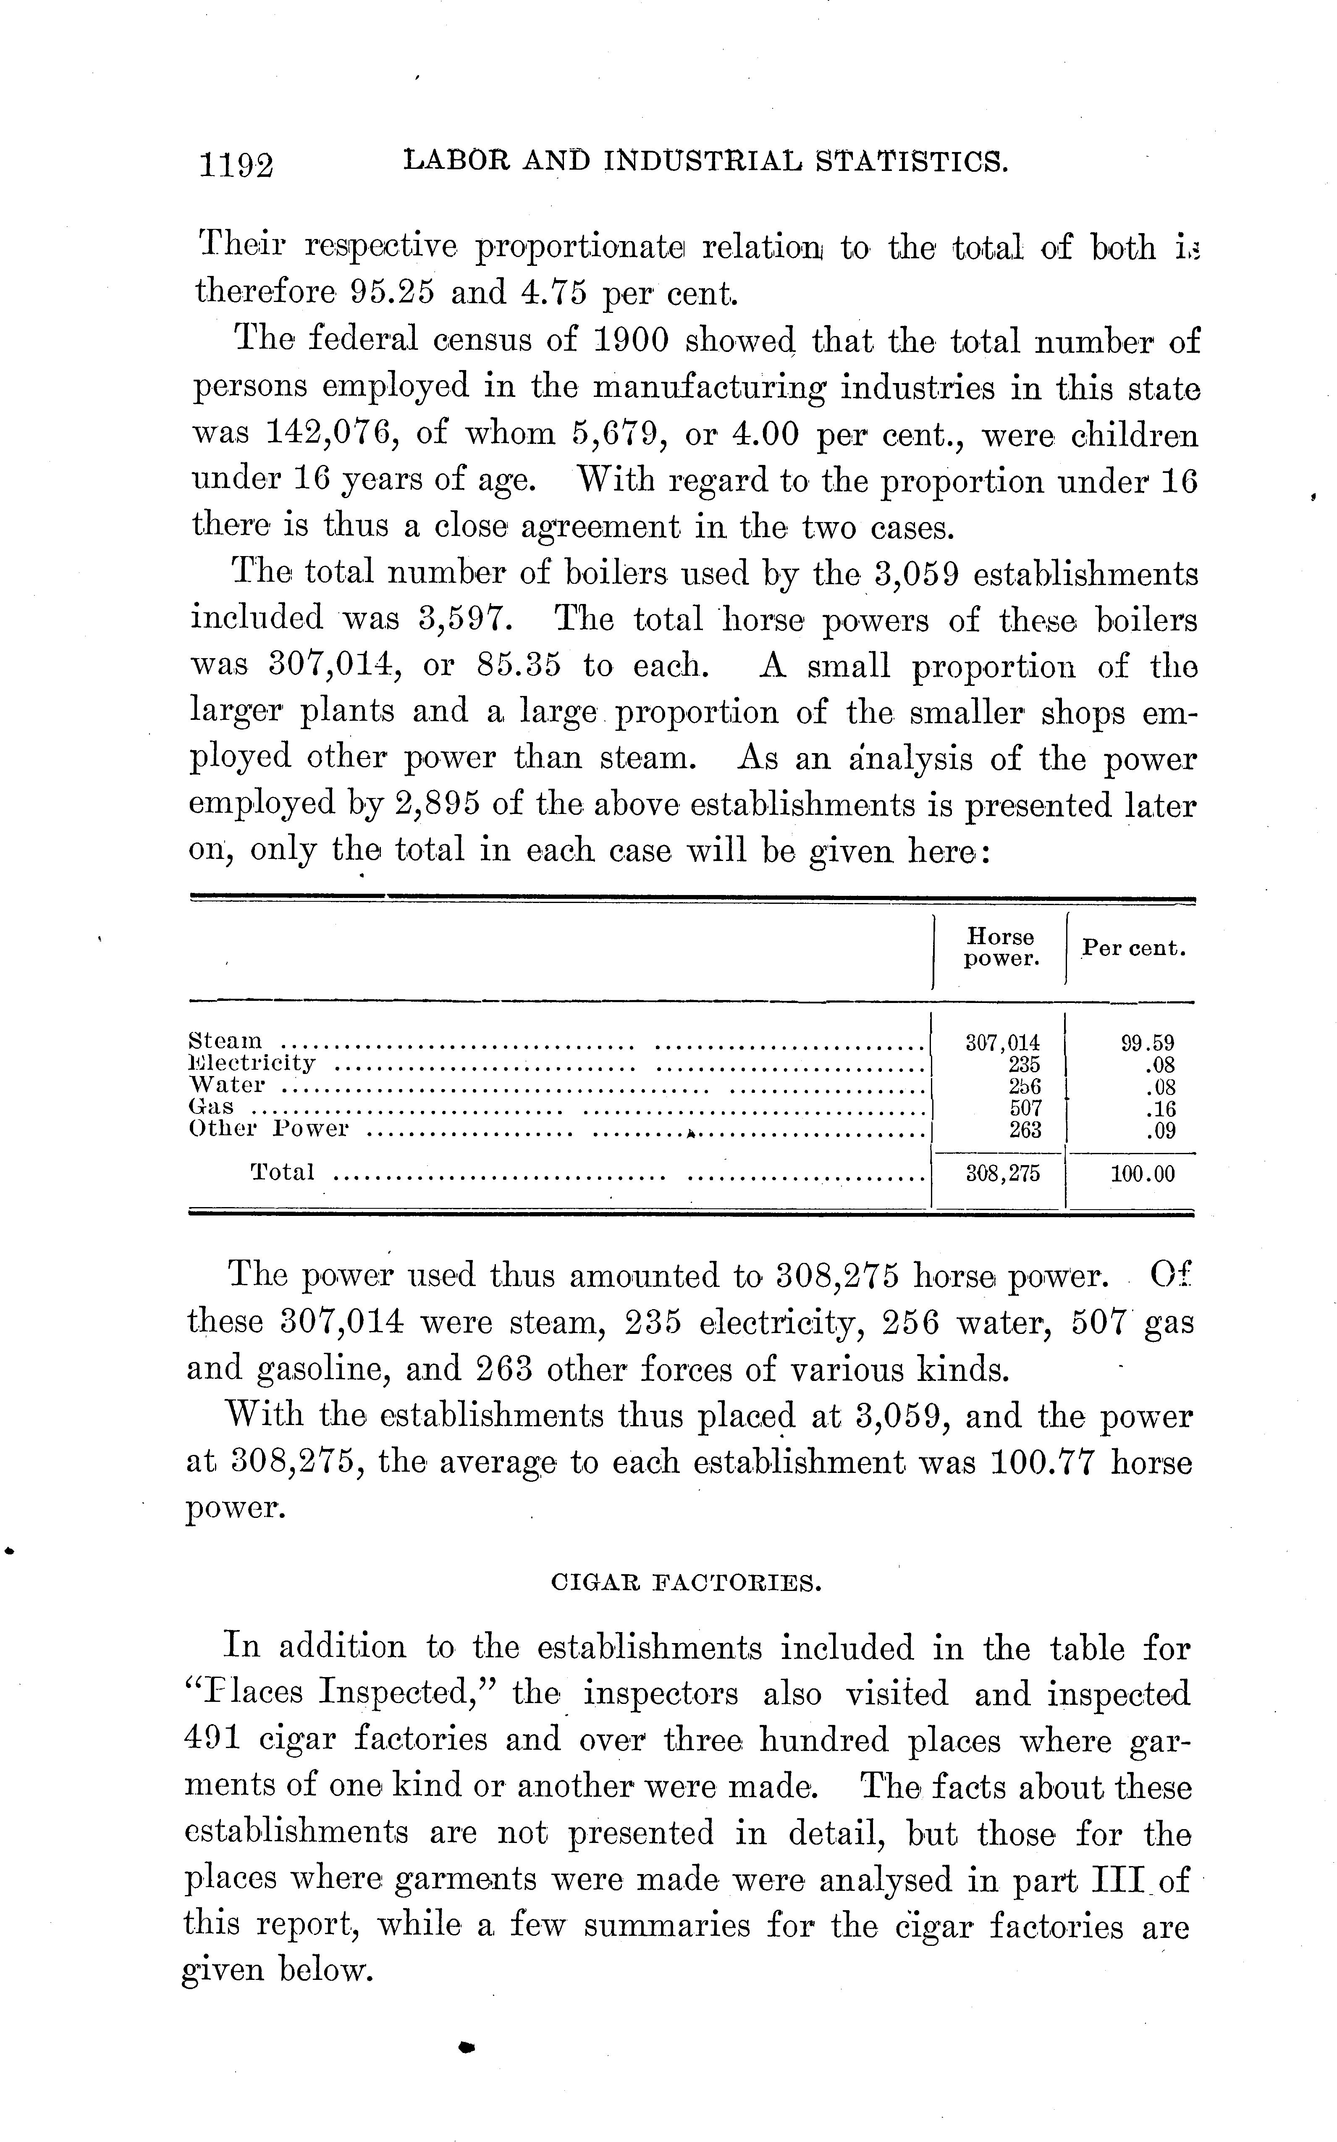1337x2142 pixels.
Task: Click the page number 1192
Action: [x=237, y=165]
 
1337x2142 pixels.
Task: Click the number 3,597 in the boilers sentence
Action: [x=464, y=618]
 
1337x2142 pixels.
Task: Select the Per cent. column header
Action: [x=1134, y=948]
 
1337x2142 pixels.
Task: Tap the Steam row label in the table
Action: [x=226, y=1041]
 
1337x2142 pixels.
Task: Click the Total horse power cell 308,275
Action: [x=1003, y=1173]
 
